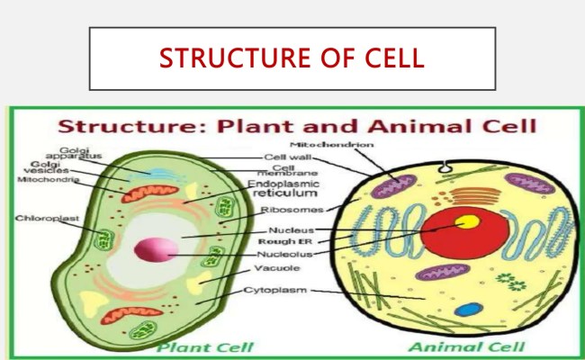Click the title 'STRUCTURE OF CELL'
(292, 59)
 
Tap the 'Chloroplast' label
(42, 218)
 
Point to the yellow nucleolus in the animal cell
(466, 222)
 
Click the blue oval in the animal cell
(466, 309)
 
